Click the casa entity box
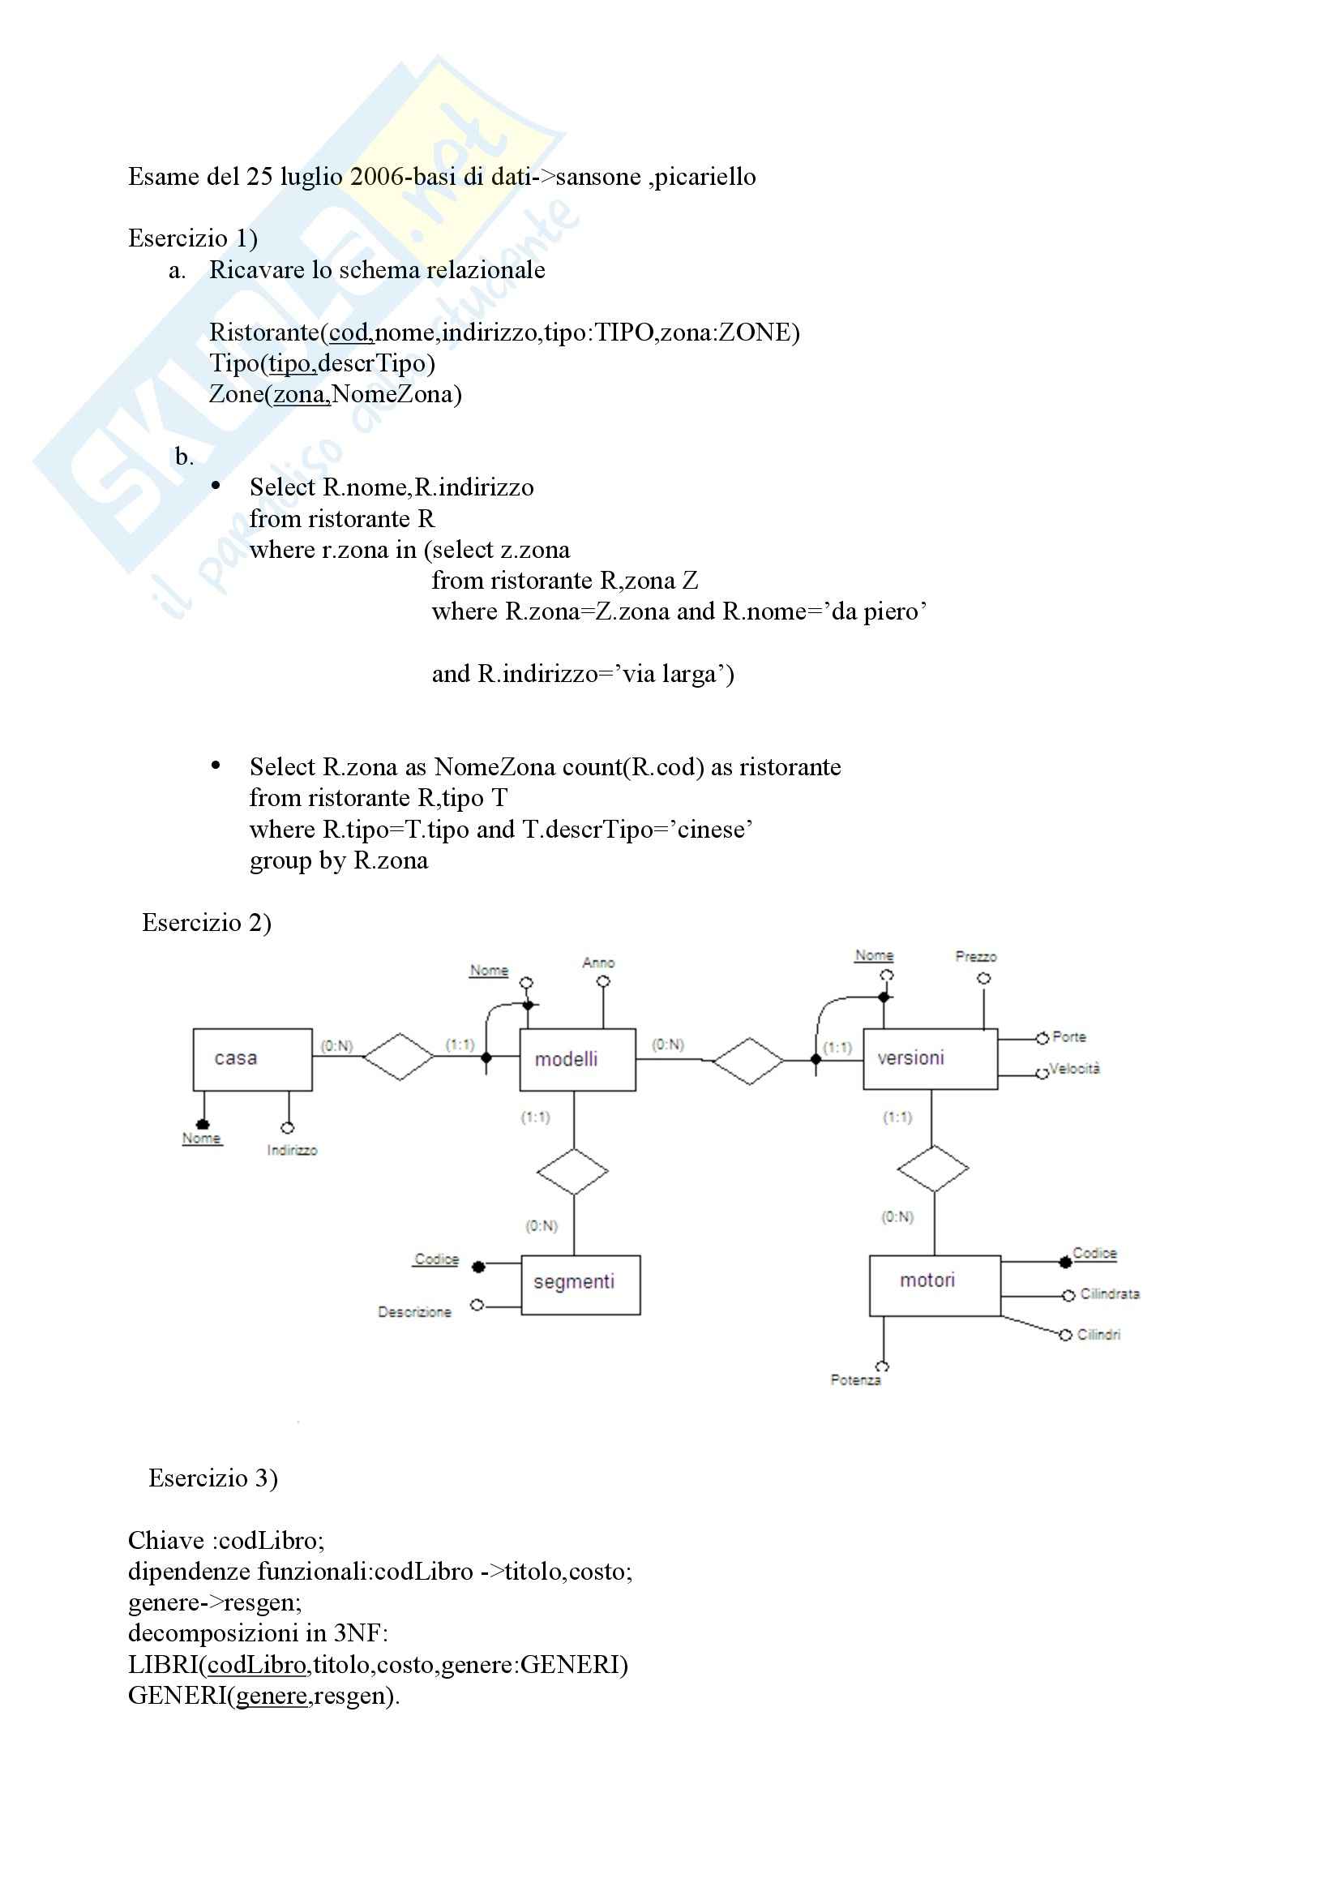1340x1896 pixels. [x=252, y=1058]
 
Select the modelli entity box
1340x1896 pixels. [x=577, y=1058]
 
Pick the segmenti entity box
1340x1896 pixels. [x=580, y=1284]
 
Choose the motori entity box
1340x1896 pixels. [x=934, y=1284]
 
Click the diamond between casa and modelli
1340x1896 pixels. [x=399, y=1056]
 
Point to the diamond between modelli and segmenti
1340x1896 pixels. [x=572, y=1171]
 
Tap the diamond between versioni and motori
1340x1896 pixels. [x=933, y=1169]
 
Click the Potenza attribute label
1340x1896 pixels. [x=855, y=1380]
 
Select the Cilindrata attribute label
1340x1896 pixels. [x=1109, y=1294]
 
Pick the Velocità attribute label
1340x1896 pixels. [x=1074, y=1069]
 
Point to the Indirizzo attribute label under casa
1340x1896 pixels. [x=293, y=1150]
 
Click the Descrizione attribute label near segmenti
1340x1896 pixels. [x=414, y=1312]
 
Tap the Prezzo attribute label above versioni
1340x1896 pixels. [x=976, y=956]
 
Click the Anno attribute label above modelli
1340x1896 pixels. [x=598, y=962]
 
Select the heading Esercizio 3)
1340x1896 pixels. [x=213, y=1478]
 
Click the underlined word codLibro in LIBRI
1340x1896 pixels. [x=257, y=1664]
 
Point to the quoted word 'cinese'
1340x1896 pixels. [x=714, y=829]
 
